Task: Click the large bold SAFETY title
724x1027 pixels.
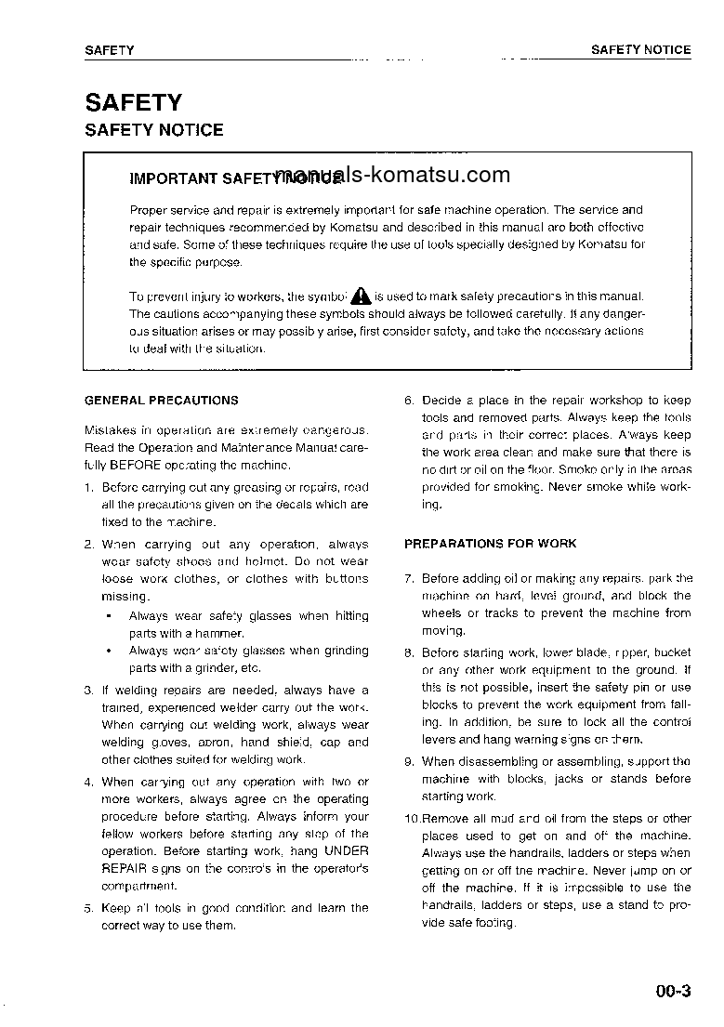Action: pos(133,102)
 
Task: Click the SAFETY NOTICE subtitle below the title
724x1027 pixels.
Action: pos(153,130)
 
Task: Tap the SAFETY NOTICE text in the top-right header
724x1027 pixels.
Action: pos(640,50)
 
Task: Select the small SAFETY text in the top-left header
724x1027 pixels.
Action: pos(109,50)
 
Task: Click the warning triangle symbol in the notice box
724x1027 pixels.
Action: pos(362,296)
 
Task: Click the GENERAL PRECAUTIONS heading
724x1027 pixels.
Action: pos(161,401)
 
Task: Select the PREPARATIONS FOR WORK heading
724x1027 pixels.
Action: pos(490,544)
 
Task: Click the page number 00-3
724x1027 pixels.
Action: pos(673,991)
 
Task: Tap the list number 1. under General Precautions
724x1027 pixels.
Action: pos(88,487)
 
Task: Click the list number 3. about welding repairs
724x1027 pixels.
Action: pos(88,691)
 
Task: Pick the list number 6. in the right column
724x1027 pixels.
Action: pos(409,401)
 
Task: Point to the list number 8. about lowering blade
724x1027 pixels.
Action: pos(409,653)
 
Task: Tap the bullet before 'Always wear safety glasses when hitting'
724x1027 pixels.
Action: pos(109,616)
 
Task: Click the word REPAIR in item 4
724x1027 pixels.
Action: pos(124,868)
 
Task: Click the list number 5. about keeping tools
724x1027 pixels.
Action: pos(88,909)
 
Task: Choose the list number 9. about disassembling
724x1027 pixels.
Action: pos(409,762)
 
